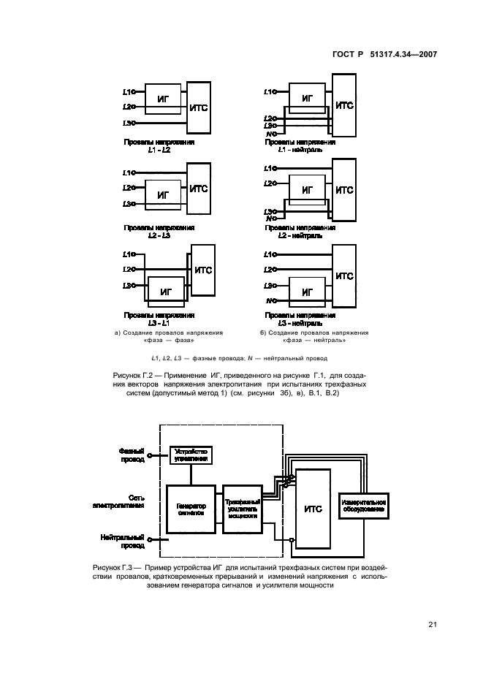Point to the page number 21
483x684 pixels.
coord(431,623)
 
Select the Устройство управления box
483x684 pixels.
coord(191,455)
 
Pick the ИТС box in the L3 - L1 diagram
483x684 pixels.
coord(203,270)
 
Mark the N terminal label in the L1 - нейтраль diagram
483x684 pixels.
coord(271,134)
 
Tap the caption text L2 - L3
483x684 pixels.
coord(159,236)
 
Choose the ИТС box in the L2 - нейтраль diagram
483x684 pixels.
coord(344,190)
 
